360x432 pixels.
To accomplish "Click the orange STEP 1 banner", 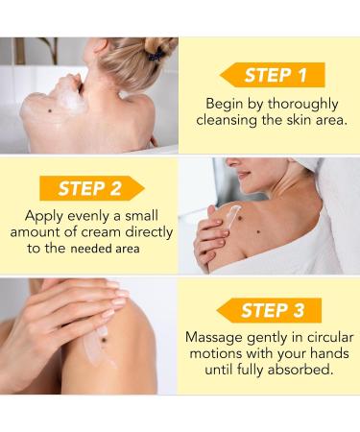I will tap(273, 75).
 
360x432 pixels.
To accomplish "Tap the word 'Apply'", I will tap(44, 214).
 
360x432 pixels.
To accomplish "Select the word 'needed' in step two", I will tap(92, 248).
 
